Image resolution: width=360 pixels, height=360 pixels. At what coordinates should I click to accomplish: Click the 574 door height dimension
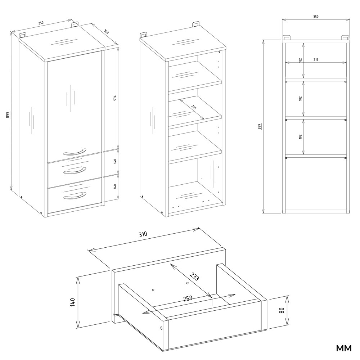click(x=116, y=98)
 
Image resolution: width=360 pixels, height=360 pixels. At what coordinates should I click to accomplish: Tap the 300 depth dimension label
click(x=106, y=31)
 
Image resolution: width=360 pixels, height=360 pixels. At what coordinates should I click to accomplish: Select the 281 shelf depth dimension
click(x=194, y=107)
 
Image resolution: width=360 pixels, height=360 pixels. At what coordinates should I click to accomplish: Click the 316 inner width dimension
click(x=316, y=60)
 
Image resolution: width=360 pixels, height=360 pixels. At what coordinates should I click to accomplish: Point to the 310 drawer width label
click(x=143, y=234)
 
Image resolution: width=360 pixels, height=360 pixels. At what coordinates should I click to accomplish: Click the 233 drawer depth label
click(x=194, y=276)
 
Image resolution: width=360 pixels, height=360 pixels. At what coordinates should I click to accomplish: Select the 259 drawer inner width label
click(x=188, y=298)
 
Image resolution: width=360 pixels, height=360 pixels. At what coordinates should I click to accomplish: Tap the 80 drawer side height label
click(x=282, y=310)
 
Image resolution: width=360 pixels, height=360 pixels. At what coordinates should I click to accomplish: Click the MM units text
click(x=344, y=348)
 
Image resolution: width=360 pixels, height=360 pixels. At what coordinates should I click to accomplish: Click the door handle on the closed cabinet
click(x=74, y=152)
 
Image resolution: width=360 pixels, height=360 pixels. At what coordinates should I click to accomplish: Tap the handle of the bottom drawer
click(x=75, y=195)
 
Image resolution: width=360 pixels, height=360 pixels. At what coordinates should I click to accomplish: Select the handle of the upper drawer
click(x=75, y=171)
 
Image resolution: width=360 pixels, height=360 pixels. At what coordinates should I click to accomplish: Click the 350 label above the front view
click(x=316, y=17)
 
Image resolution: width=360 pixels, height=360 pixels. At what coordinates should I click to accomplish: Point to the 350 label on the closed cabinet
click(x=41, y=23)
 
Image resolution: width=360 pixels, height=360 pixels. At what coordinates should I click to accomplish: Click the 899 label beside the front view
click(x=260, y=127)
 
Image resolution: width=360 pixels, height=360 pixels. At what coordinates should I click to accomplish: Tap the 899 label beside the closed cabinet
click(x=7, y=115)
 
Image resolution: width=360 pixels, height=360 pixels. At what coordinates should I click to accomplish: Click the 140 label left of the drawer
click(x=73, y=302)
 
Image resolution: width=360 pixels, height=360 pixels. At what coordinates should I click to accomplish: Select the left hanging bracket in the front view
click(x=286, y=38)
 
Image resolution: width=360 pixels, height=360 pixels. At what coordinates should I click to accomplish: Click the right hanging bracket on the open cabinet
click(x=195, y=24)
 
